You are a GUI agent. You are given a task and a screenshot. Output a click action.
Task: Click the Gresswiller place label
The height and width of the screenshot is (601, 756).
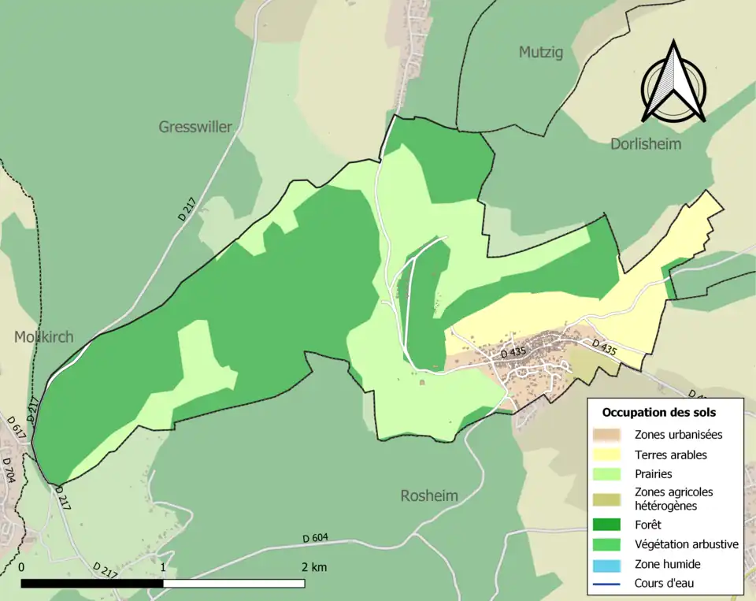(195, 127)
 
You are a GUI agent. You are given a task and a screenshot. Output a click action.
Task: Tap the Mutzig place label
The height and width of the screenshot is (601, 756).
(541, 53)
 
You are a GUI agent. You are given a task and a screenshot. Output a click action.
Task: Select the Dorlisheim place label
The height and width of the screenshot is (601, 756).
(646, 144)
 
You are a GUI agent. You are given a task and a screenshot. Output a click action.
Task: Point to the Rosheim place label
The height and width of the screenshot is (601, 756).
(429, 496)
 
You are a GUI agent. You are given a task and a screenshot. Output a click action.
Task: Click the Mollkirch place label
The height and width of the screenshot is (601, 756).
(43, 337)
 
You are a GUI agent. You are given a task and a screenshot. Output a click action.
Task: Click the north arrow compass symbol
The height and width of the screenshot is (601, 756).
(673, 83)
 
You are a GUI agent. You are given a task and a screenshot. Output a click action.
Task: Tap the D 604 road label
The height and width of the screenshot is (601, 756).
(314, 539)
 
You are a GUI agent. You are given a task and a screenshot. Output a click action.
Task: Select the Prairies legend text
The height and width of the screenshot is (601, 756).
(653, 475)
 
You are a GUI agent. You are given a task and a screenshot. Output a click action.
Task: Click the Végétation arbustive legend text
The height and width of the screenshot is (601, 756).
(686, 544)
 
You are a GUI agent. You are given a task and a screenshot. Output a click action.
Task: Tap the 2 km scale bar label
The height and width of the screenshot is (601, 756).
(313, 567)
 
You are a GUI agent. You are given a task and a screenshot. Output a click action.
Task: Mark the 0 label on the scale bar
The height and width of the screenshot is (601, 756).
(21, 567)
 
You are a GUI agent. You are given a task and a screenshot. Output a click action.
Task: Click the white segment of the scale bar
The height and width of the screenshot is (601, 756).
(234, 584)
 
